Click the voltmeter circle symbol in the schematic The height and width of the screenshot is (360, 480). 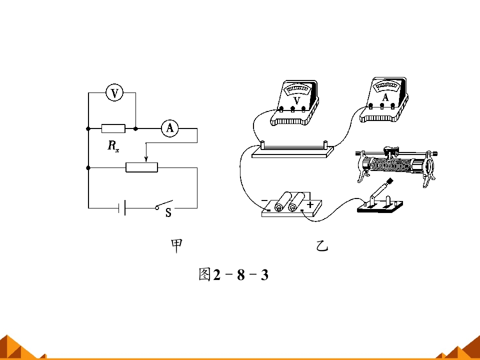click(114, 93)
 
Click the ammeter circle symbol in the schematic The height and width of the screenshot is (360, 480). click(170, 128)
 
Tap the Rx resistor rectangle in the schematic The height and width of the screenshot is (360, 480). click(113, 128)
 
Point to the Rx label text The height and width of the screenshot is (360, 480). click(113, 146)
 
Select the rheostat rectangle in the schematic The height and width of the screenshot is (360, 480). click(141, 167)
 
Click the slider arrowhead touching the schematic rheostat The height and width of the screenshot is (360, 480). click(146, 159)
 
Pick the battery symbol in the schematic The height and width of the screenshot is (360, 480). click(122, 207)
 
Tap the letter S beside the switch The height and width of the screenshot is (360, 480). click(168, 212)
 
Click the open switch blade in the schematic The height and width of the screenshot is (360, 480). click(164, 204)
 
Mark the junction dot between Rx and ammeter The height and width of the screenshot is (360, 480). click(135, 128)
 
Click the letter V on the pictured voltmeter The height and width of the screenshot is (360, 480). click(296, 100)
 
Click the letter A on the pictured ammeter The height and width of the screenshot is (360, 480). click(385, 97)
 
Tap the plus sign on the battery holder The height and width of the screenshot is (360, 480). click(310, 204)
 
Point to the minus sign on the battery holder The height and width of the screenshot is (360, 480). click(264, 200)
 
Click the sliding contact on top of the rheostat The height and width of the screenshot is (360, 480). click(389, 150)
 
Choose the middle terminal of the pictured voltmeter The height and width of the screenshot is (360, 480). click(292, 108)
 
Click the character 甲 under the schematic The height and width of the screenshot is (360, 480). click(176, 246)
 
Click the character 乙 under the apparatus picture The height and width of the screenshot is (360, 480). click(322, 246)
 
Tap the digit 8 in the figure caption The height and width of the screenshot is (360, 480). click(241, 274)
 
